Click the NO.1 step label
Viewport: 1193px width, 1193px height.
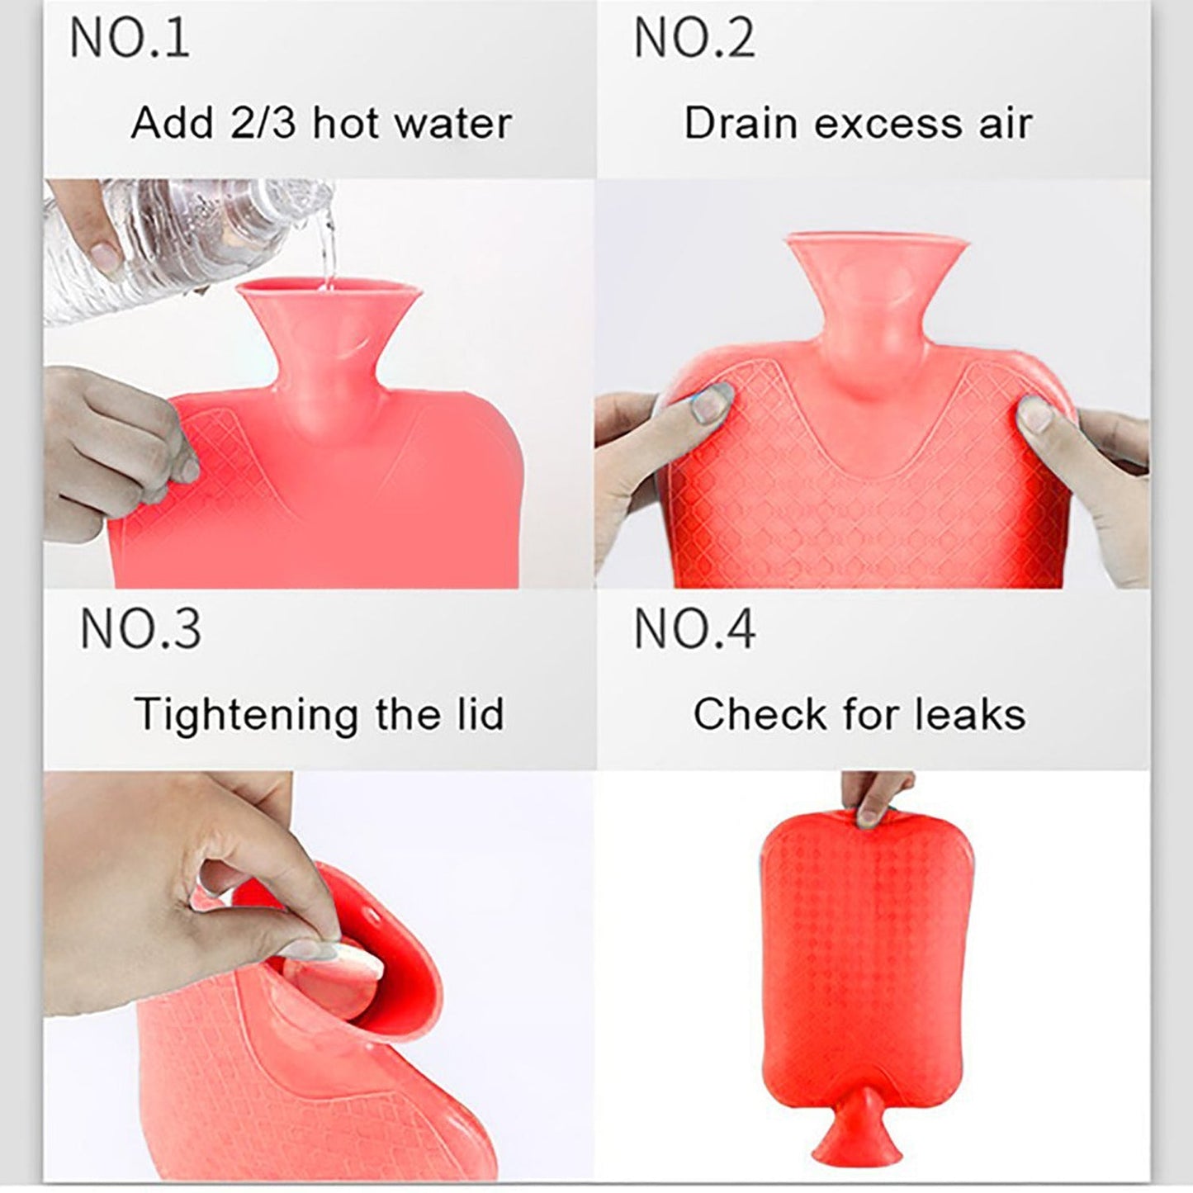tap(130, 38)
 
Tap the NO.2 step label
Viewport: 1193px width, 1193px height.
tap(694, 38)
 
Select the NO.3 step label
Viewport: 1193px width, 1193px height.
tap(140, 628)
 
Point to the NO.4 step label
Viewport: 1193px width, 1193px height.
tap(694, 628)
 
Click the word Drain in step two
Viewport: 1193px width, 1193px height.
tap(741, 123)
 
